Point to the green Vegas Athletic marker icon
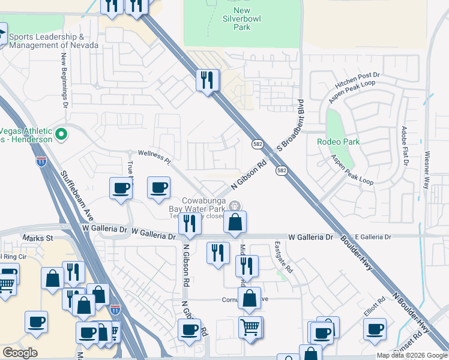[x=60, y=134]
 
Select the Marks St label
[x=38, y=238]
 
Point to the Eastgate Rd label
[x=282, y=257]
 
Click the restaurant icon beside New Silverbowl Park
[x=208, y=80]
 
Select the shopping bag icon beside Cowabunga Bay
[x=235, y=222]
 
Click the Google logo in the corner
[x=20, y=352]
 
